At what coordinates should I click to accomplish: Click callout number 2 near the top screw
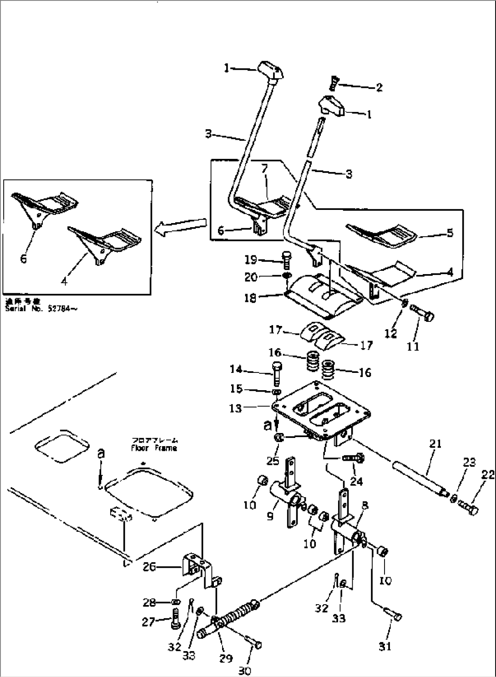coord(379,87)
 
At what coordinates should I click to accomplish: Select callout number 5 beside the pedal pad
coord(450,233)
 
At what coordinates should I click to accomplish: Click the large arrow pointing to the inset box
coord(180,226)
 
